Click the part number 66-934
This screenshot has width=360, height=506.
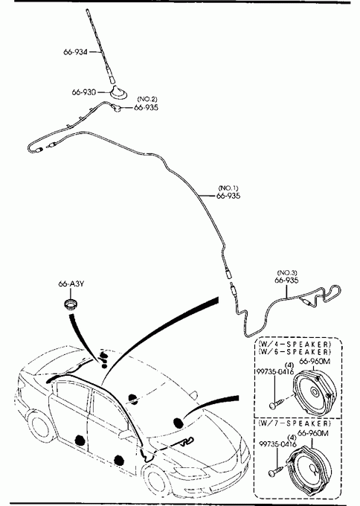(75, 51)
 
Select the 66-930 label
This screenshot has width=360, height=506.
(83, 92)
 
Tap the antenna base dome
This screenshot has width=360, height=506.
(118, 92)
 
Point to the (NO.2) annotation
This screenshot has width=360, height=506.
(147, 99)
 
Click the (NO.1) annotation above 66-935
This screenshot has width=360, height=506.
(228, 188)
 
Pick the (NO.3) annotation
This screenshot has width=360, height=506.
(287, 273)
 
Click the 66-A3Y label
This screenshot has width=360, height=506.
(71, 284)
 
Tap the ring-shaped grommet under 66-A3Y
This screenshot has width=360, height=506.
(70, 304)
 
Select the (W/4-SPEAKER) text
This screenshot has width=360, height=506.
(295, 344)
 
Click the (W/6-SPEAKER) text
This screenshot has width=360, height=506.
(295, 351)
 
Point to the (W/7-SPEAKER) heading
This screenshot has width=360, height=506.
(295, 423)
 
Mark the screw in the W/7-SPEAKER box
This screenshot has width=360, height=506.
(276, 470)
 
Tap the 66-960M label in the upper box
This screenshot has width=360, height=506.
(315, 361)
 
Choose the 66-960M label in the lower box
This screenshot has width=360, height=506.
(312, 433)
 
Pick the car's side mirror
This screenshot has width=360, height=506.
(126, 434)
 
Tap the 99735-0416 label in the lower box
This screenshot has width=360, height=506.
(277, 444)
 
